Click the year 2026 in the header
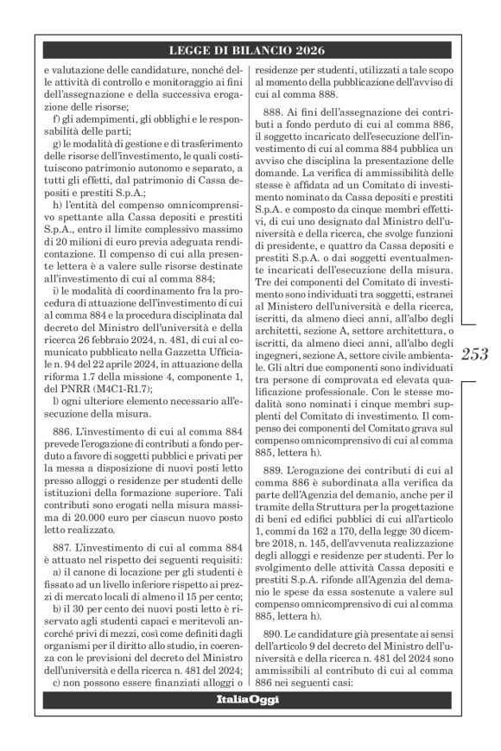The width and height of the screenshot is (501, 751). (310, 49)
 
